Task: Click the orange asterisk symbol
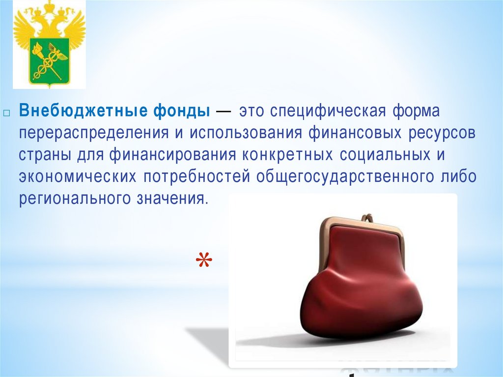(202, 261)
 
